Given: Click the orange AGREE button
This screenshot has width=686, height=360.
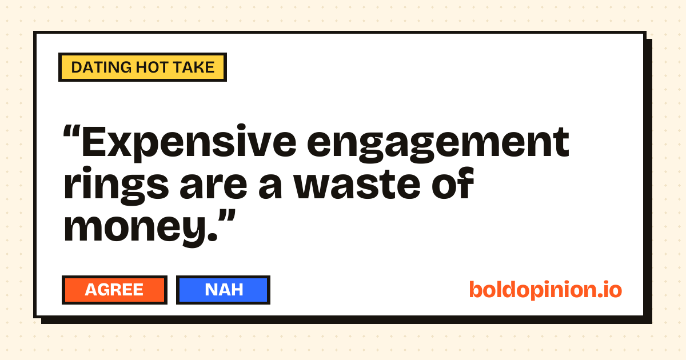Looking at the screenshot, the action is [x=114, y=290].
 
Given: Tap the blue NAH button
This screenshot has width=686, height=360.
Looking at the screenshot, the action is [x=224, y=290].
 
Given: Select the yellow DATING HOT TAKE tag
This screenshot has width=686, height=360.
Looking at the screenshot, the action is [x=143, y=67].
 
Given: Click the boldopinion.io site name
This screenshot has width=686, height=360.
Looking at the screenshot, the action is [x=545, y=290].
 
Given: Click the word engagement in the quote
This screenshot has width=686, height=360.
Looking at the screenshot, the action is [x=438, y=143].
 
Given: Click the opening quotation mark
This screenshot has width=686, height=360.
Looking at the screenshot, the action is [x=71, y=132].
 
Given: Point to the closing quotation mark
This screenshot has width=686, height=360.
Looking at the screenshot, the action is [x=227, y=217].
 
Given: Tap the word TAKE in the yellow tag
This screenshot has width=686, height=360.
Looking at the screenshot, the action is [x=194, y=67].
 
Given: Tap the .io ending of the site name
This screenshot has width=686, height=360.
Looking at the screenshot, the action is [x=609, y=290].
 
